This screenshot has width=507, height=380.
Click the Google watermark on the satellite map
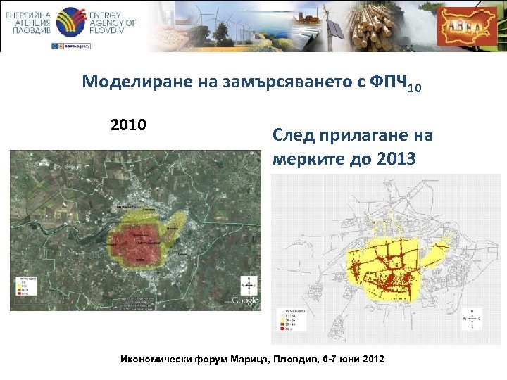(245, 300)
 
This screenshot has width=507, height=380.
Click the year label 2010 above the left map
(128, 126)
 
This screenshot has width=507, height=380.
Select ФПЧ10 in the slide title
(391, 83)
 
